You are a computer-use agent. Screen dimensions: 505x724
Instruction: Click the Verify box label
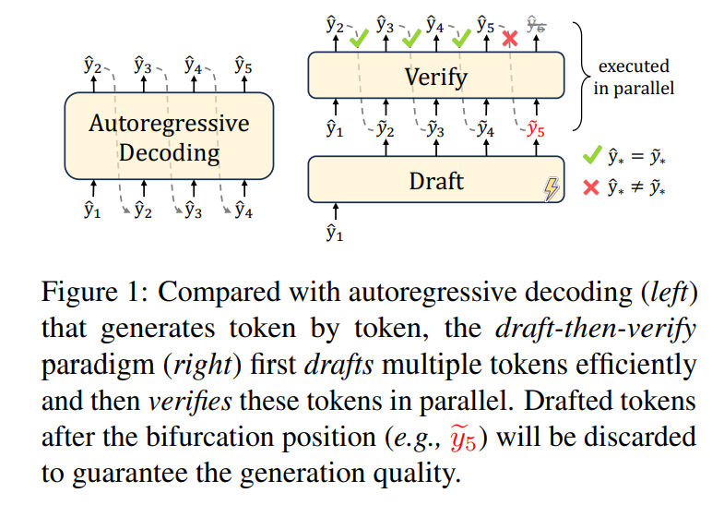[436, 77]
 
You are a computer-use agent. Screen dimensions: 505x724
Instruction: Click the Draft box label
[436, 180]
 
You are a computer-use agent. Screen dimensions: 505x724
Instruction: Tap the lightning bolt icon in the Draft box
[552, 189]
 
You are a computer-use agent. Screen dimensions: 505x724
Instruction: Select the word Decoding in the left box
[170, 152]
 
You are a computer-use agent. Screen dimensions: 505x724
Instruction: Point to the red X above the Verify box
[508, 39]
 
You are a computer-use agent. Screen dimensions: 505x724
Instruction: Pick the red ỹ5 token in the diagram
[535, 129]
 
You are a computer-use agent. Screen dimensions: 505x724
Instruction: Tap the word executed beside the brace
[635, 66]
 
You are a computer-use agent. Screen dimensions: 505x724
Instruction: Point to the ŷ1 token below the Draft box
[334, 234]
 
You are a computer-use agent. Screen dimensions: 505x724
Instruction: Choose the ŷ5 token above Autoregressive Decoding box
[243, 66]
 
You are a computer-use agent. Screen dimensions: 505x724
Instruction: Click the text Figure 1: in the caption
[85, 295]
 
